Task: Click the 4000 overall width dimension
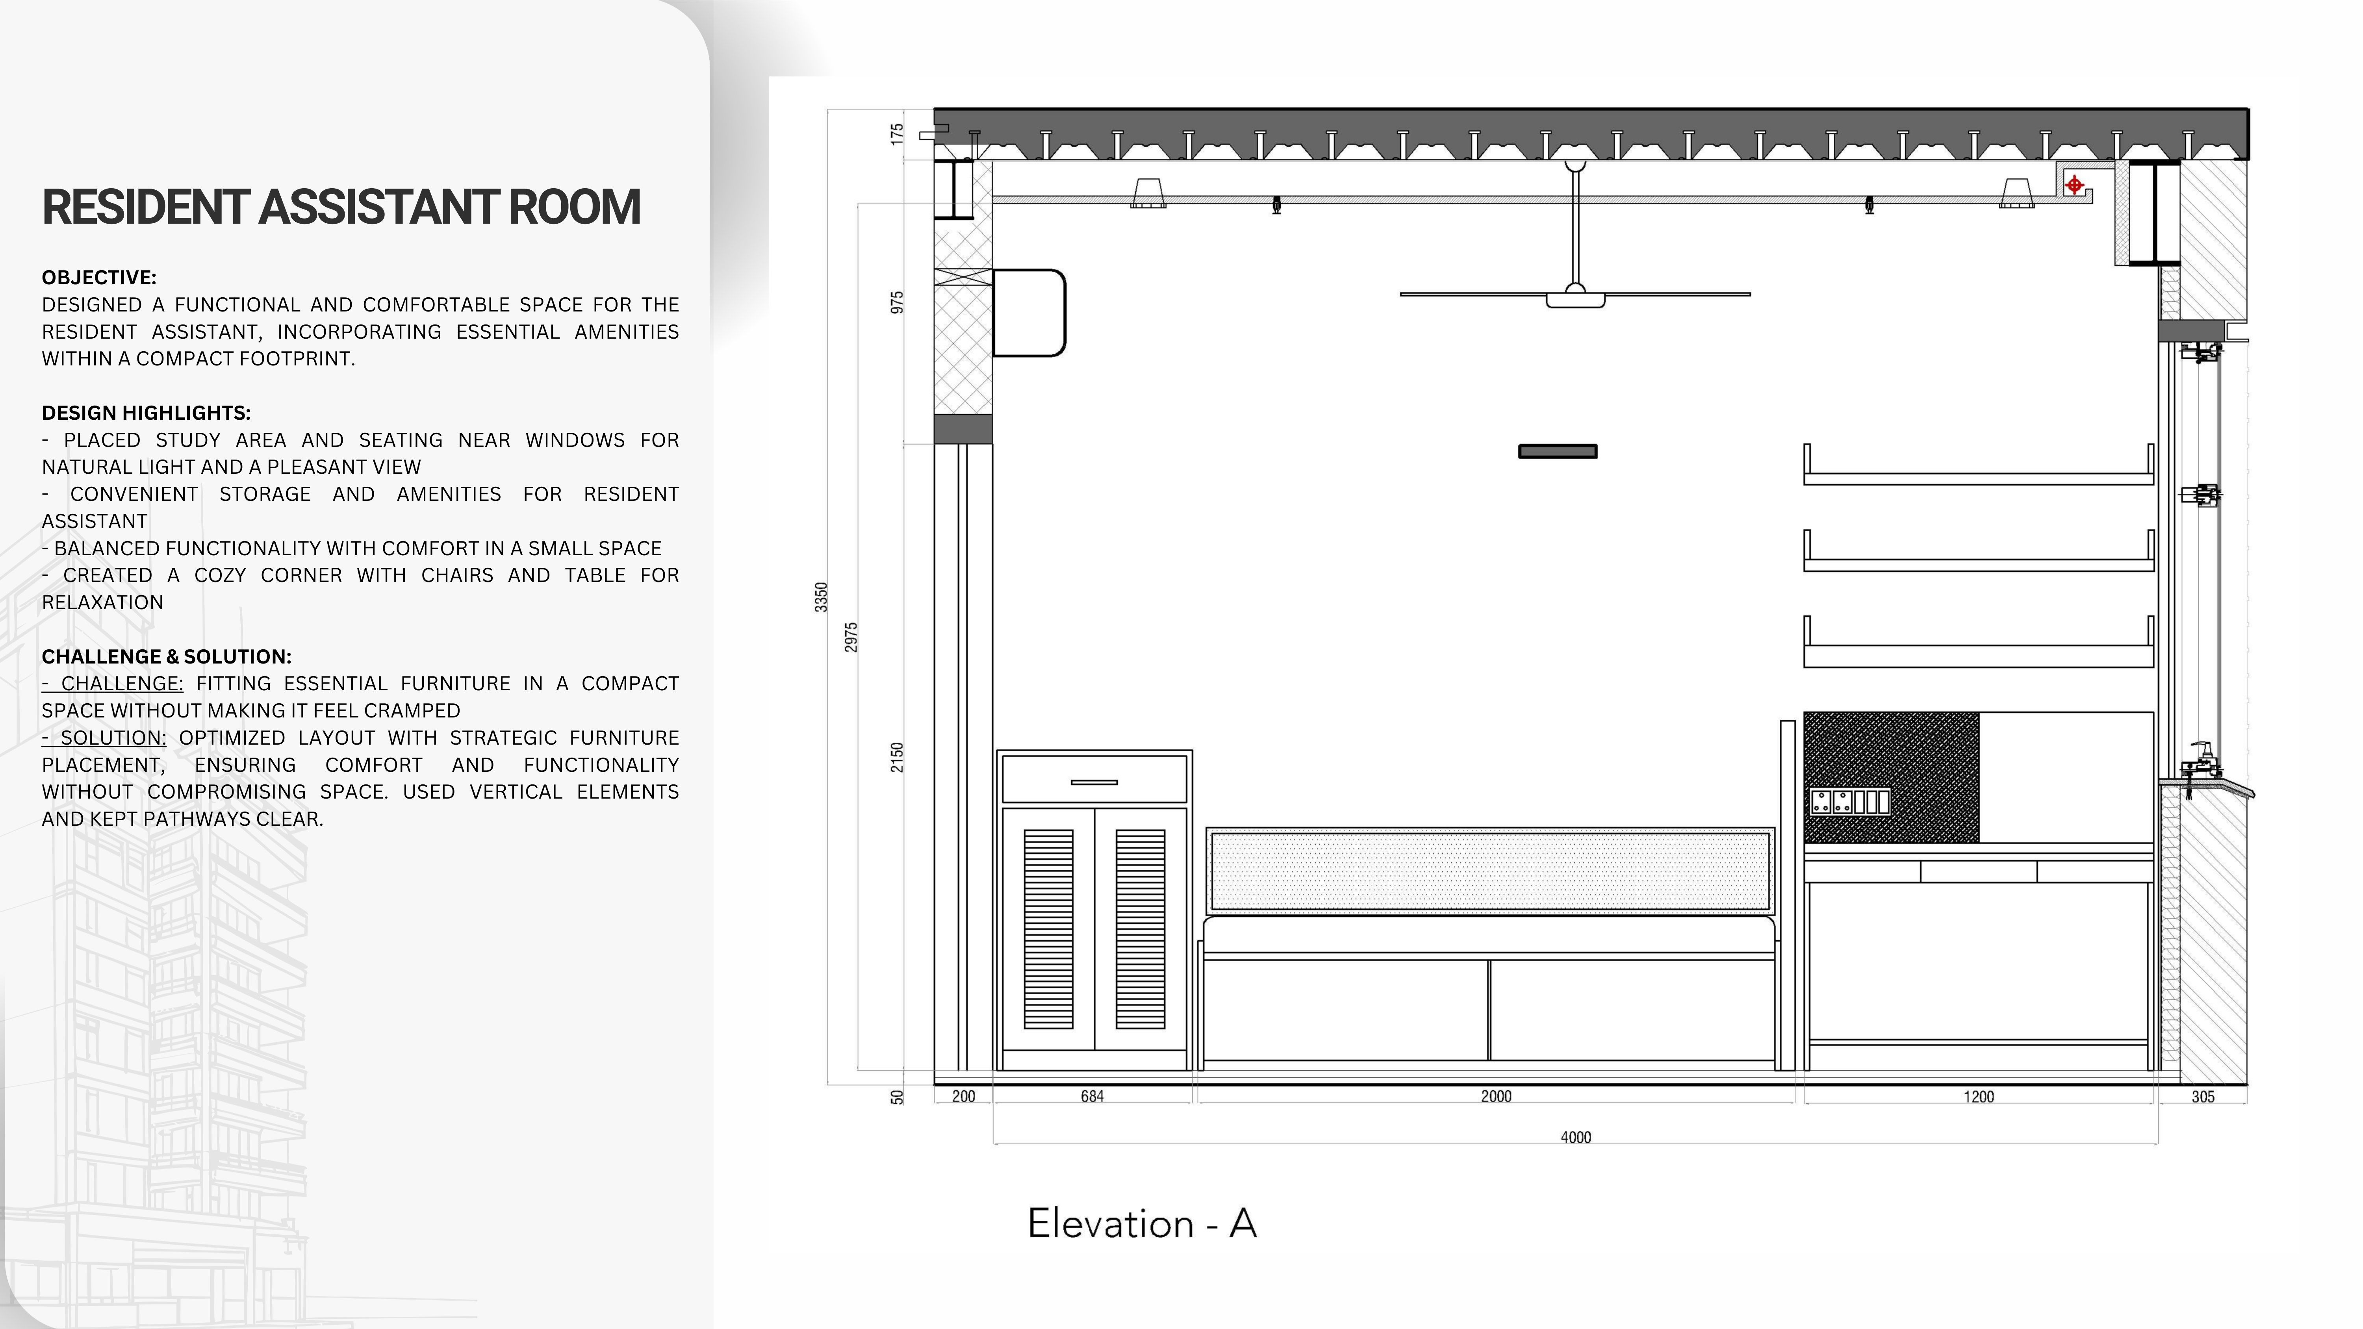pyautogui.click(x=1575, y=1137)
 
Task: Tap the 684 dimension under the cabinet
pyautogui.click(x=1092, y=1096)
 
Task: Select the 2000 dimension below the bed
pyautogui.click(x=1495, y=1096)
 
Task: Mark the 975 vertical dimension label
pyautogui.click(x=897, y=303)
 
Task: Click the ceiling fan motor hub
pyautogui.click(x=1575, y=298)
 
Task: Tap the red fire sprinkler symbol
pyautogui.click(x=2074, y=185)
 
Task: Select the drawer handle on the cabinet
pyautogui.click(x=1093, y=782)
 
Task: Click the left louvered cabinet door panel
pyautogui.click(x=1048, y=928)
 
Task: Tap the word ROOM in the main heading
pyautogui.click(x=573, y=207)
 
